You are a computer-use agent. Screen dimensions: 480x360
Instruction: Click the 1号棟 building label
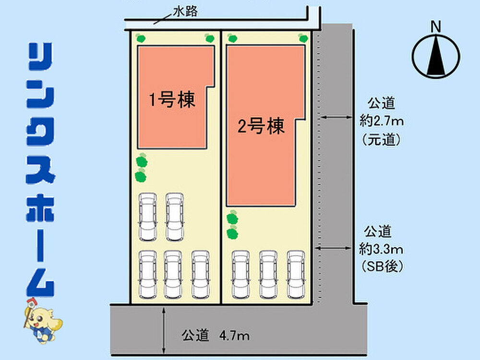pyautogui.click(x=172, y=100)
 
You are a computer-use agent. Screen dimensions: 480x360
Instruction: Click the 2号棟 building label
pyautogui.click(x=261, y=126)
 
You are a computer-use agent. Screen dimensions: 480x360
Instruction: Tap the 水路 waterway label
pyautogui.click(x=185, y=12)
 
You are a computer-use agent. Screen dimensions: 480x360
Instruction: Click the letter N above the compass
pyautogui.click(x=436, y=26)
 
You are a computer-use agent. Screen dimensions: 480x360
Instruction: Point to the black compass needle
pyautogui.click(x=436, y=55)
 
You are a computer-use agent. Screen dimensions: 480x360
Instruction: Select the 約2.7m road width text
pyautogui.click(x=382, y=121)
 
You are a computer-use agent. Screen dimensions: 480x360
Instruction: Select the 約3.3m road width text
pyautogui.click(x=381, y=250)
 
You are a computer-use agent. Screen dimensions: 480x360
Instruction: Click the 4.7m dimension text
pyautogui.click(x=234, y=336)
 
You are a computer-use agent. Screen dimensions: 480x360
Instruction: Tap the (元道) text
pyautogui.click(x=382, y=140)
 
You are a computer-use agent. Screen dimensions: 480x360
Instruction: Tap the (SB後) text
pyautogui.click(x=382, y=266)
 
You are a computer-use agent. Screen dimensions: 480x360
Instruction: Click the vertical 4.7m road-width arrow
pyautogui.click(x=164, y=331)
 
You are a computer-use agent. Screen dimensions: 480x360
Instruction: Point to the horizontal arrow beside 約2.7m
pyautogui.click(x=336, y=117)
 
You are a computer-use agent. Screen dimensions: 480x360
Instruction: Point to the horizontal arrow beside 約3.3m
pyautogui.click(x=333, y=248)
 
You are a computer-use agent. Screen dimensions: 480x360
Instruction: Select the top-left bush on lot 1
pyautogui.click(x=141, y=38)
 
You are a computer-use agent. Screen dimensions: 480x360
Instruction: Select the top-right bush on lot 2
pyautogui.click(x=303, y=38)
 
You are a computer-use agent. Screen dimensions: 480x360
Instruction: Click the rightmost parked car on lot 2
pyautogui.click(x=296, y=275)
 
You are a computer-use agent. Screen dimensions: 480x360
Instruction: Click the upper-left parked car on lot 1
pyautogui.click(x=148, y=217)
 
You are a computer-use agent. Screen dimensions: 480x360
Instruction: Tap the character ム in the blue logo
pyautogui.click(x=40, y=283)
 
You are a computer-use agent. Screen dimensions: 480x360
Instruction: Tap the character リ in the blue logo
pyautogui.click(x=40, y=57)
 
